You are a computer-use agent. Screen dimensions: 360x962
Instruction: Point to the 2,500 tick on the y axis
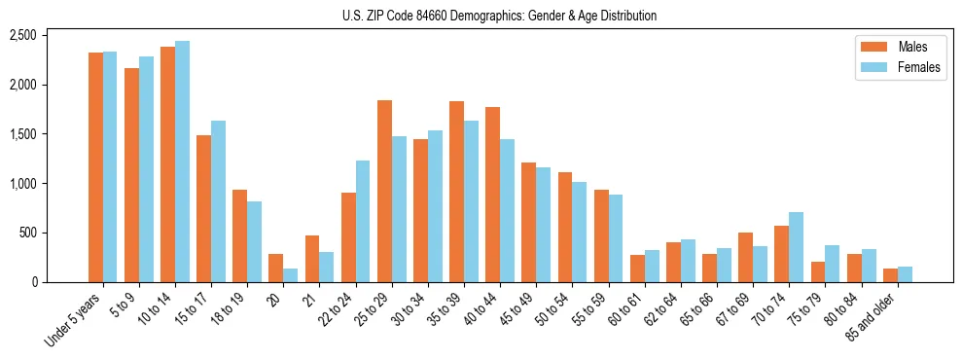tap(22, 35)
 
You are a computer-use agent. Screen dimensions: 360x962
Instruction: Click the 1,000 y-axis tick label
tap(22, 183)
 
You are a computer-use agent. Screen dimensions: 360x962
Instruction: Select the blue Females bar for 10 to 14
tap(182, 162)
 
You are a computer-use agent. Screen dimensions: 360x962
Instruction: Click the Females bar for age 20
tap(291, 275)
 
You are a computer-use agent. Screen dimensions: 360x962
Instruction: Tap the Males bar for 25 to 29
tap(384, 191)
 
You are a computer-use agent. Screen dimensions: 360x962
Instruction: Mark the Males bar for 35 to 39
tap(456, 192)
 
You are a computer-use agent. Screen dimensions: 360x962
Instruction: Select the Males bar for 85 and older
tap(890, 275)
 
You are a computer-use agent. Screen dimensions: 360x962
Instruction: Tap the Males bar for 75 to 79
tap(817, 271)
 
